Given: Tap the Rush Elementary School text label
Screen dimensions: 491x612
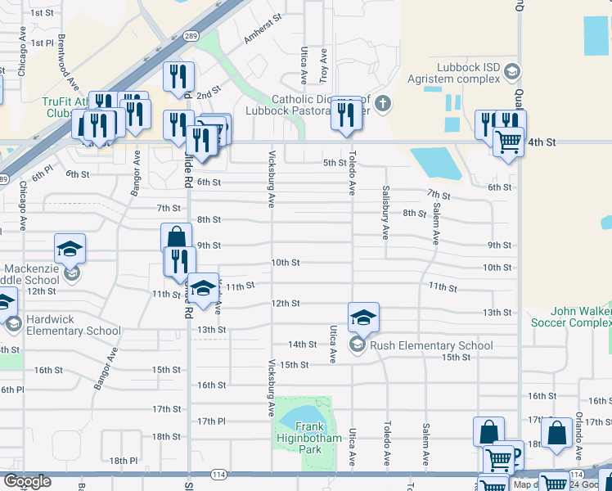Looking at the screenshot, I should point(431,345).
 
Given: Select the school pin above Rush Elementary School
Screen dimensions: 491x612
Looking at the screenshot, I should point(363,318).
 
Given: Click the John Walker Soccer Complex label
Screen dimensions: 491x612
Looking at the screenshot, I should point(570,317).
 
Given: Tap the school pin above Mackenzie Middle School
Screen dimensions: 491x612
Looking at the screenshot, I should point(70,248).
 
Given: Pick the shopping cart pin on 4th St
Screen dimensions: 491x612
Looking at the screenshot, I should point(509,142).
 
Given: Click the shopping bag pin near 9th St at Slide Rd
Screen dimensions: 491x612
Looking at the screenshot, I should point(176,237).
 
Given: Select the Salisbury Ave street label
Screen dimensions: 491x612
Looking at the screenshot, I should point(385,212).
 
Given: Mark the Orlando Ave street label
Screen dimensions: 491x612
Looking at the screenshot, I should point(578,426).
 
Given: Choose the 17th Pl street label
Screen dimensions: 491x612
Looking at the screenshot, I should point(211,421).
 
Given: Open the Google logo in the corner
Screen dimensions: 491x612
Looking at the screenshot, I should point(27,481).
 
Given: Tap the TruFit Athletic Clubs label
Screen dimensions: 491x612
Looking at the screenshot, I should point(54,107).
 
